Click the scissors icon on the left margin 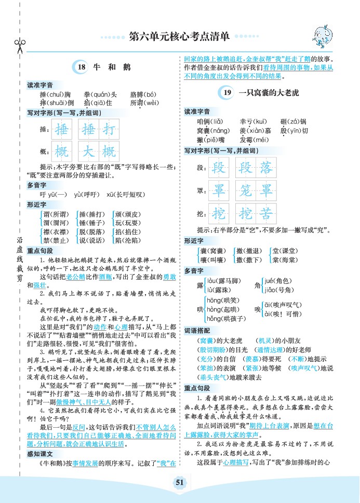coord(20,46)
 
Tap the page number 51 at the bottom coord(180,482)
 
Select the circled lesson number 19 coord(226,93)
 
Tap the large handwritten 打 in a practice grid coord(108,129)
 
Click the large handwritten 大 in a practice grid coord(89,152)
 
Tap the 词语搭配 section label coord(197,331)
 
